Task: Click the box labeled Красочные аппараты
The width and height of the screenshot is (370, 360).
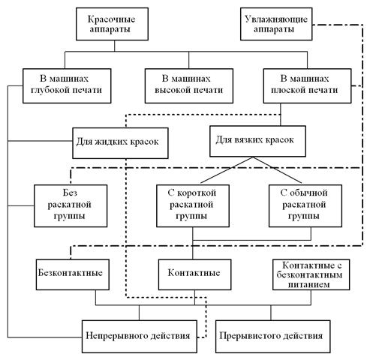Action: point(112,24)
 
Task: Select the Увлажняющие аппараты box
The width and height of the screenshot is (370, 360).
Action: point(276,24)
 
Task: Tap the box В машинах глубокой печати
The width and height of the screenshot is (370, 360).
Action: point(67,85)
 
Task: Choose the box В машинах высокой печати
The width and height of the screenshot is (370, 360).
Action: point(189,85)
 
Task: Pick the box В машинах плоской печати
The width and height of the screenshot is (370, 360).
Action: point(307,85)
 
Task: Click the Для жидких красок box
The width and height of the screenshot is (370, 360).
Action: point(120,143)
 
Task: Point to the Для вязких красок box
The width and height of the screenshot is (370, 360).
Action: point(257,141)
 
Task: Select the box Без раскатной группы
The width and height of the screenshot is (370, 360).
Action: point(71,205)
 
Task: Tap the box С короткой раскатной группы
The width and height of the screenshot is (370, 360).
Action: point(193,205)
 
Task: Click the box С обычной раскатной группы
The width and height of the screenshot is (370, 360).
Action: point(305,205)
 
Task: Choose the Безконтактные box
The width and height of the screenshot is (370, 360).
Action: point(73,274)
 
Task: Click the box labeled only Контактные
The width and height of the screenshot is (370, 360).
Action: point(194,274)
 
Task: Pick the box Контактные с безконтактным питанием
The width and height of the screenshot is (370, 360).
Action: point(311,274)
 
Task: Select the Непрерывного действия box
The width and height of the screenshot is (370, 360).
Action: point(140,336)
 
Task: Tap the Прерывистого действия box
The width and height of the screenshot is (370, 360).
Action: point(273,336)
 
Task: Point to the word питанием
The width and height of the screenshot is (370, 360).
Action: point(308,284)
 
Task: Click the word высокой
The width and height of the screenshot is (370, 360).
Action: point(170,90)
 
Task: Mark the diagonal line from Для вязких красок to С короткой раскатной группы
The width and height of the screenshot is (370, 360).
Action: point(227,170)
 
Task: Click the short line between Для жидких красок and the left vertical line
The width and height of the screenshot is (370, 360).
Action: point(40,141)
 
